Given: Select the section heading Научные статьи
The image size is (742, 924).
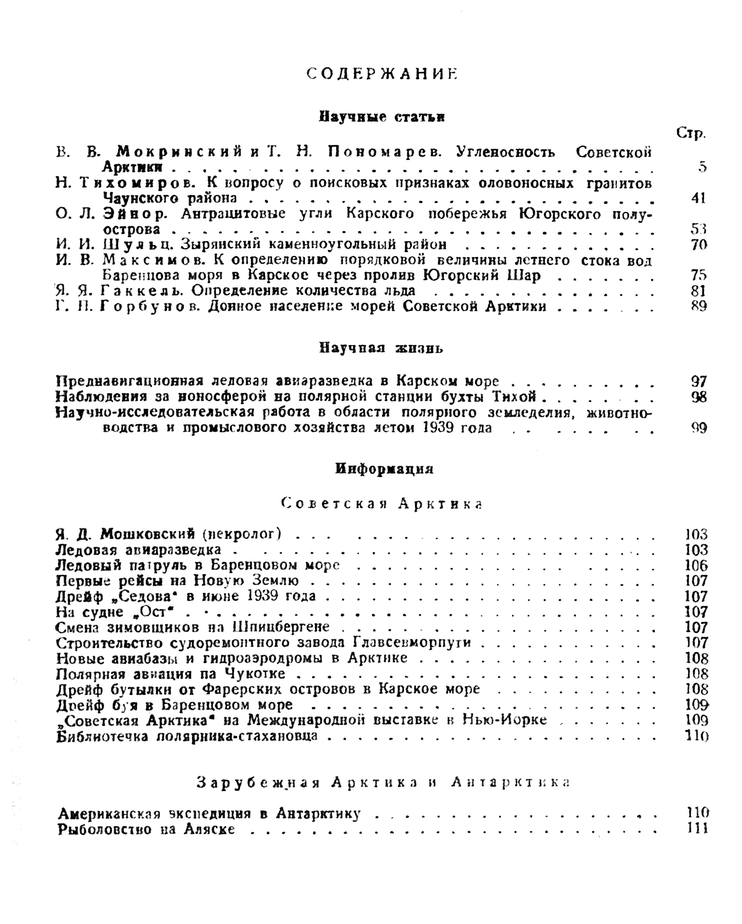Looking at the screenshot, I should click(382, 117).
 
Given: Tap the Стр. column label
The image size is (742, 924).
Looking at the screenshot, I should click(691, 133).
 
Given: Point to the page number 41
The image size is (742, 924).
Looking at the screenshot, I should click(698, 198).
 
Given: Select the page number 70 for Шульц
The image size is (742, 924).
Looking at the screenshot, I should click(698, 245).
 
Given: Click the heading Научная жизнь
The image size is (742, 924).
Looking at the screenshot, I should click(381, 348).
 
